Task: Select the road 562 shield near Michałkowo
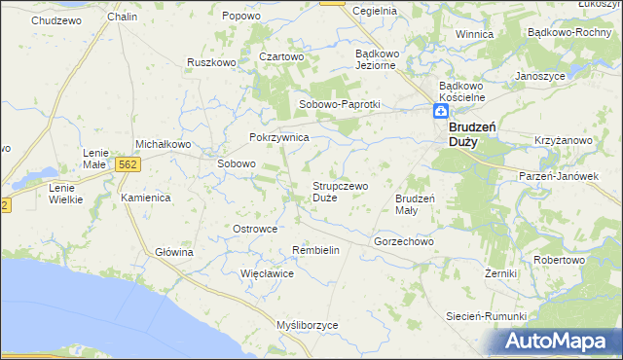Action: point(127,165)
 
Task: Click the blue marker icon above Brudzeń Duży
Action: point(441,113)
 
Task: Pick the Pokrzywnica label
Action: point(279,138)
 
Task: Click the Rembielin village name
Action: point(315,250)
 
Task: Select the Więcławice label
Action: point(268,273)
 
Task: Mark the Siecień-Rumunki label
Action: point(486,316)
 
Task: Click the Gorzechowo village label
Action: point(403,240)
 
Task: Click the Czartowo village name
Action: point(282,56)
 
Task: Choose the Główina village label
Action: point(175,252)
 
